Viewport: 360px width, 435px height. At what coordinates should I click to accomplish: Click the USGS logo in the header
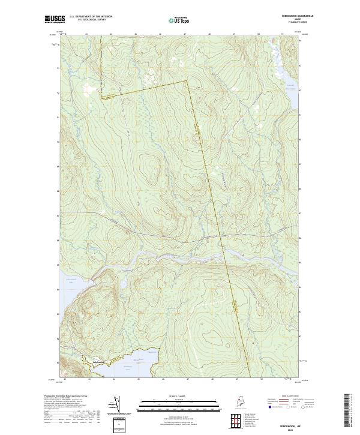54,20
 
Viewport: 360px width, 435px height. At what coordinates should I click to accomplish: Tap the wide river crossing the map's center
180,255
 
